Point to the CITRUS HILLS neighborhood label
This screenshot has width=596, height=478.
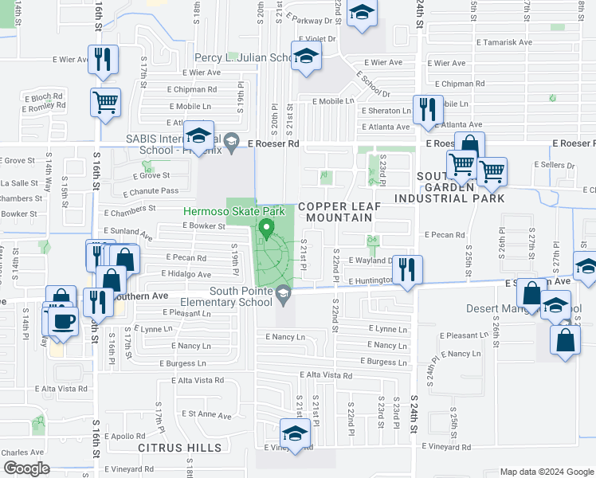pyautogui.click(x=179, y=448)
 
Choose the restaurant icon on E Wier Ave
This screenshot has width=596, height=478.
pyautogui.click(x=104, y=59)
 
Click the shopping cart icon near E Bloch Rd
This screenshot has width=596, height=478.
pyautogui.click(x=105, y=102)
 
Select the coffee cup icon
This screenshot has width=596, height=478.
pyautogui.click(x=64, y=322)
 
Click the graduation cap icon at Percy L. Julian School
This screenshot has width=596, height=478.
pyautogui.click(x=305, y=57)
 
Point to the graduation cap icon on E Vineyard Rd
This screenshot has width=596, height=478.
pyautogui.click(x=295, y=433)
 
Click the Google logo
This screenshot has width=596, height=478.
pyautogui.click(x=25, y=468)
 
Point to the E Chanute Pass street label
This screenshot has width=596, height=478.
pyautogui.click(x=151, y=191)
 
